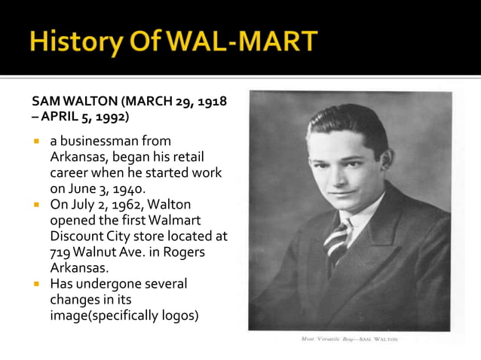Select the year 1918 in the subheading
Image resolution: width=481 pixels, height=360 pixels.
tap(213, 102)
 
